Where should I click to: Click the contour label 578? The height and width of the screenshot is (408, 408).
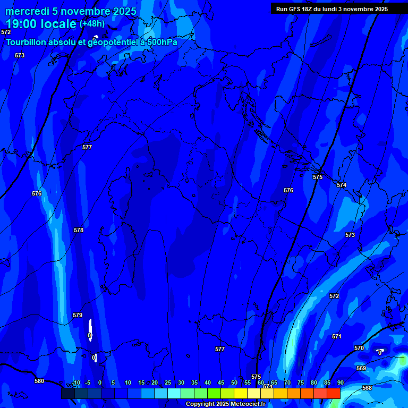click(79, 230)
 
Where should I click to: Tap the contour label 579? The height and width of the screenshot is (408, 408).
click(78, 315)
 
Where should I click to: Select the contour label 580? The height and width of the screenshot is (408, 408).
click(39, 381)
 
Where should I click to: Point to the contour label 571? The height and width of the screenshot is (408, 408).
click(336, 336)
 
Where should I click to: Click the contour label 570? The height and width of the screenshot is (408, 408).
click(359, 348)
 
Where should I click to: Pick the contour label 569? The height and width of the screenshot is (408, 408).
click(361, 368)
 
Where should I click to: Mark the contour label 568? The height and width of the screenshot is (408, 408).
click(367, 388)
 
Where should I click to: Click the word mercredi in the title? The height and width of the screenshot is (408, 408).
click(27, 11)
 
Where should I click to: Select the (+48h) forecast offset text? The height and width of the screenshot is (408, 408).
click(92, 24)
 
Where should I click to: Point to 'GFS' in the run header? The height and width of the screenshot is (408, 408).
click(295, 9)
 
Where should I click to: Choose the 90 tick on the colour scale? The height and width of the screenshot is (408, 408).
click(340, 382)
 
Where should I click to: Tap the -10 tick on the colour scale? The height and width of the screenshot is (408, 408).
click(76, 382)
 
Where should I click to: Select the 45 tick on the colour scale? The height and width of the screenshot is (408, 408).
click(221, 382)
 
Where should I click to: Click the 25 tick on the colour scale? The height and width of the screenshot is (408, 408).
click(168, 382)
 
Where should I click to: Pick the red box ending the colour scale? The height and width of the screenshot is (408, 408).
click(333, 393)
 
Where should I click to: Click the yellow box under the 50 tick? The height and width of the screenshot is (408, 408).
click(241, 393)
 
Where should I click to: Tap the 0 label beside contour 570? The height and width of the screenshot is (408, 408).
click(379, 352)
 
